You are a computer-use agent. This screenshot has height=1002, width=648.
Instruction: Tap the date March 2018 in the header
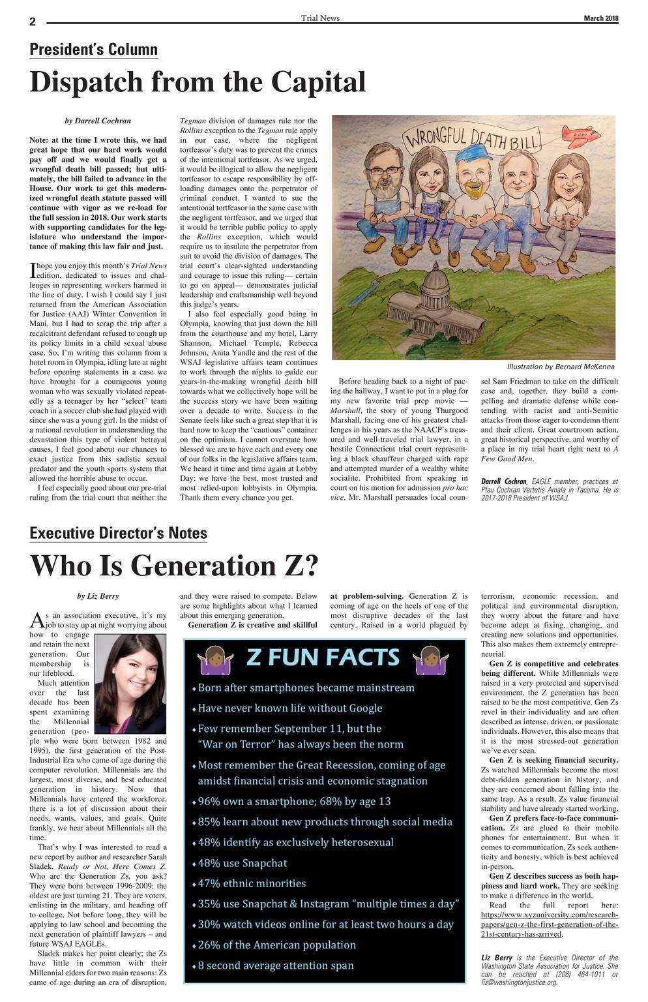click(600, 18)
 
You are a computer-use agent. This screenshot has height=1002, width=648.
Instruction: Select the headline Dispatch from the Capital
click(198, 82)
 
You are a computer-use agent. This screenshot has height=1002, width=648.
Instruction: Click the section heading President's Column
click(94, 50)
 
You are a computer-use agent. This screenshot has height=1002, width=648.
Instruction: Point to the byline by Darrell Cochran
click(98, 121)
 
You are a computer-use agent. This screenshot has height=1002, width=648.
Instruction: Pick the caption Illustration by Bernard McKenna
click(561, 367)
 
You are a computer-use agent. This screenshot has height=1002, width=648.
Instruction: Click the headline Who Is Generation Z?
click(174, 565)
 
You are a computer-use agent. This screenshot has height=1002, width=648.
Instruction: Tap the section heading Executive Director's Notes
click(119, 533)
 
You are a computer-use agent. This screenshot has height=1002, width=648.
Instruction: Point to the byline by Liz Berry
click(98, 596)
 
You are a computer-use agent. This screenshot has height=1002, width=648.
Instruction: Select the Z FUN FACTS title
click(323, 658)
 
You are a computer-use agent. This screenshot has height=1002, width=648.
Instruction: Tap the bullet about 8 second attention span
click(276, 965)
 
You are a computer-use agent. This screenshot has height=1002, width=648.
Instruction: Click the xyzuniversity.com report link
click(550, 924)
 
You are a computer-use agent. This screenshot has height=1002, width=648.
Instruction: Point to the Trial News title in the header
click(320, 18)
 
